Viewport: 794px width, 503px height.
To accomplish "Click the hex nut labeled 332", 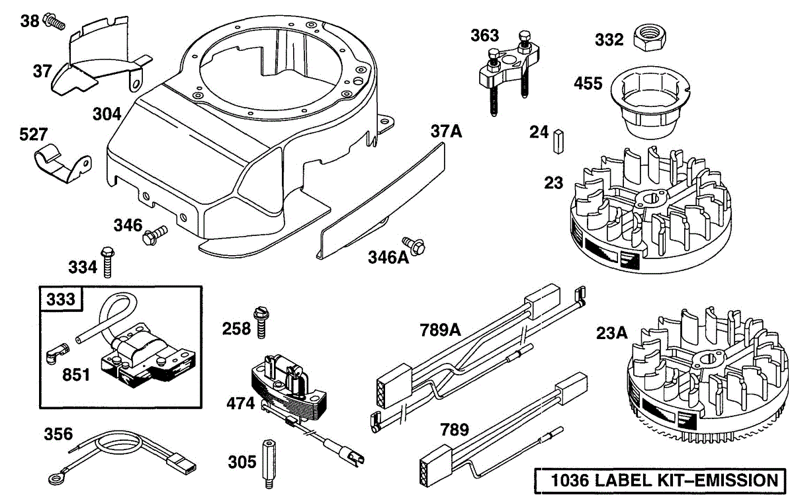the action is [x=649, y=37].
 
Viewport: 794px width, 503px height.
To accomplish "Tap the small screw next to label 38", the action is [x=54, y=21].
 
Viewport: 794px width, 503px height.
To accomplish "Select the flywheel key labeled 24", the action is [x=558, y=141].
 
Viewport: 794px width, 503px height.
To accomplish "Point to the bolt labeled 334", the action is [x=107, y=262].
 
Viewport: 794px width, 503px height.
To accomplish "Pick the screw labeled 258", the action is [x=261, y=323].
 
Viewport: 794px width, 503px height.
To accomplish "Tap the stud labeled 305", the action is [x=269, y=464].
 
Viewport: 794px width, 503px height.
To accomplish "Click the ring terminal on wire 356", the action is [x=56, y=480].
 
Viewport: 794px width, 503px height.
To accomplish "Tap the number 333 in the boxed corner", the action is [x=61, y=299].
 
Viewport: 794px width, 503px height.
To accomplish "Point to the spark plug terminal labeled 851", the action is [x=58, y=352].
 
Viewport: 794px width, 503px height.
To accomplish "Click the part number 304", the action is [x=107, y=114].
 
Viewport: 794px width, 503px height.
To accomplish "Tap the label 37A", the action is [x=446, y=132].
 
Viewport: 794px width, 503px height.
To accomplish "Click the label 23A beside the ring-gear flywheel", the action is [x=612, y=333].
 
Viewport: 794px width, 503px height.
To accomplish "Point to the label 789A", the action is [x=440, y=330].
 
